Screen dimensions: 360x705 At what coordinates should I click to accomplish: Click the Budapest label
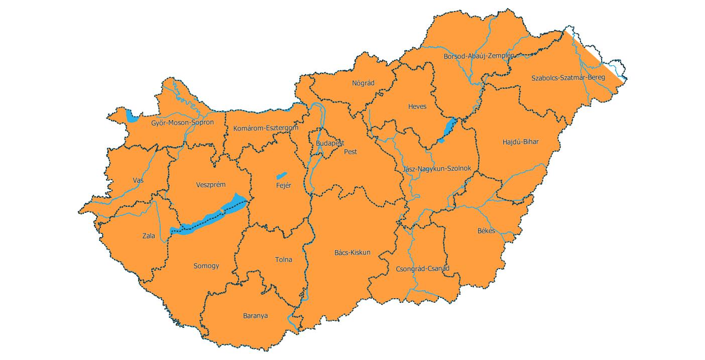[x=330, y=144]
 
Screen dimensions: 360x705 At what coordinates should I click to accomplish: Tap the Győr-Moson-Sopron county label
[x=182, y=123]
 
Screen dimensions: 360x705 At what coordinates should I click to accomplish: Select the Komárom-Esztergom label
[x=266, y=129]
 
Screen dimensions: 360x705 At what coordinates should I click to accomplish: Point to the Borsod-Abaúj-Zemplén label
[x=479, y=56]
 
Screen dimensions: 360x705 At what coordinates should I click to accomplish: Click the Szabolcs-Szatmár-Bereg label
[x=568, y=78]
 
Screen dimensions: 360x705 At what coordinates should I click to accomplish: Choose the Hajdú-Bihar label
[x=520, y=142]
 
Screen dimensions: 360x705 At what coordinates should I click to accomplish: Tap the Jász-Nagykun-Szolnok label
[x=437, y=169]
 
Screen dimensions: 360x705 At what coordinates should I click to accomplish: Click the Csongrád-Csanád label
[x=422, y=269]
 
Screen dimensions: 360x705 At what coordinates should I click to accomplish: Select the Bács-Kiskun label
[x=352, y=253]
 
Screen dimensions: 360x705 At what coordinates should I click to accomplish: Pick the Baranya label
[x=255, y=316]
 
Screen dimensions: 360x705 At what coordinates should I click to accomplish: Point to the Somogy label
[x=206, y=266]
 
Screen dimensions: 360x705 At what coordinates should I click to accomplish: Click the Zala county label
[x=149, y=236]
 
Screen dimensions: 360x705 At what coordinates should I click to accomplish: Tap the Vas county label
[x=138, y=180]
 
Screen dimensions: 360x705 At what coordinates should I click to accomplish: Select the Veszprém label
[x=210, y=185]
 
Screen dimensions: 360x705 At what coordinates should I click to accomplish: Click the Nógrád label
[x=363, y=83]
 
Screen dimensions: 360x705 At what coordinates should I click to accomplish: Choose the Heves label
[x=417, y=107]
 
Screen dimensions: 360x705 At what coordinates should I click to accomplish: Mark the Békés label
[x=486, y=231]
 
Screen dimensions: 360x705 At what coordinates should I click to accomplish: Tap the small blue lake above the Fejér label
[x=281, y=176]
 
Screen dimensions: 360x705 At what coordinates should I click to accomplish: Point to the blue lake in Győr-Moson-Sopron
[x=132, y=117]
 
